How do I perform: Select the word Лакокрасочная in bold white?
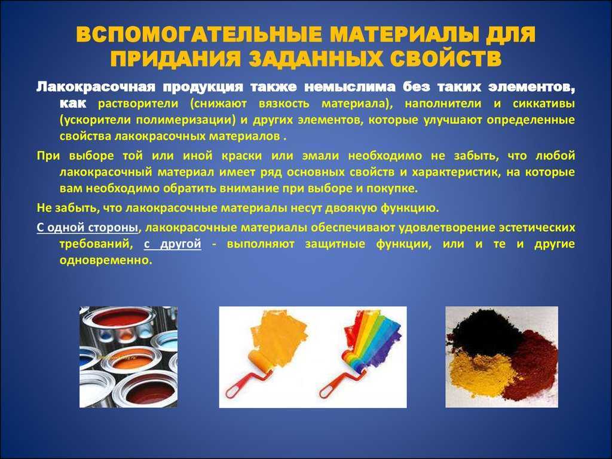pos(96,87)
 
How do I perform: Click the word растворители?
pos(138,104)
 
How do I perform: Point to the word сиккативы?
pos(544,104)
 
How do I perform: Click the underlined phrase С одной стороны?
pos(87,227)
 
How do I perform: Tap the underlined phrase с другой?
pos(173,244)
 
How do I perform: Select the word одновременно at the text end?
pos(105,261)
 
